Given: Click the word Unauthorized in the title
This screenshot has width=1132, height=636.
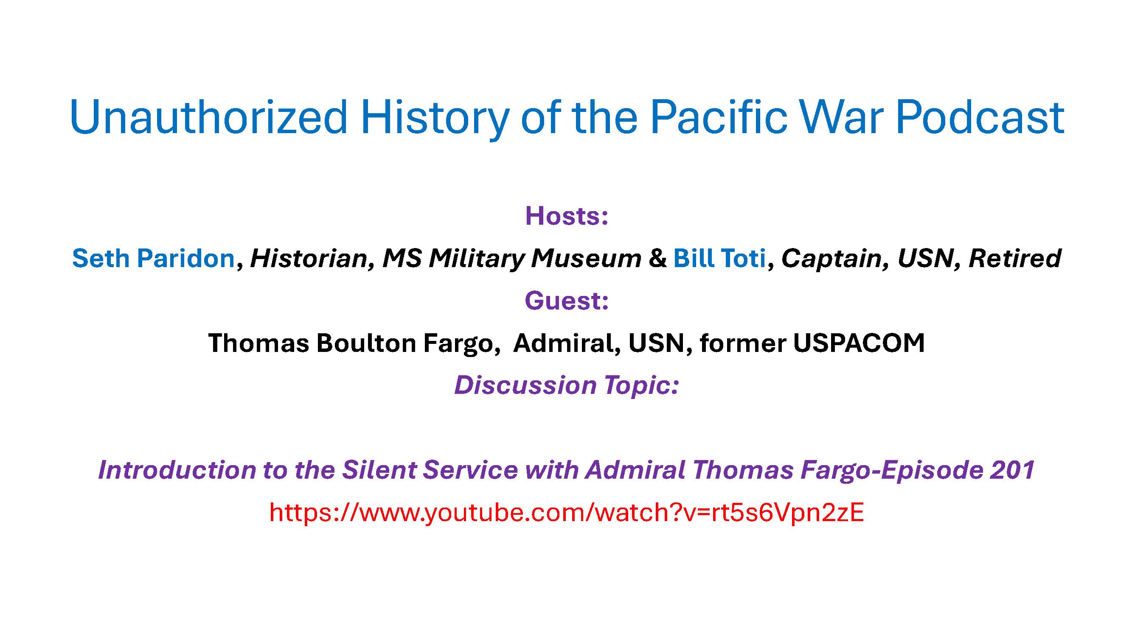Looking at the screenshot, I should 208,117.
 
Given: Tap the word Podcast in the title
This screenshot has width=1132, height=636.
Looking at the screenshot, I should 980,117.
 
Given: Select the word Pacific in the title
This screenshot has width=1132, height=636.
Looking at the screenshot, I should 719,117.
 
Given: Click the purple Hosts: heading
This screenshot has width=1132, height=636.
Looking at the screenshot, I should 567,216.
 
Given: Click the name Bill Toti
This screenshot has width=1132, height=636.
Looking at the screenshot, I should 719,258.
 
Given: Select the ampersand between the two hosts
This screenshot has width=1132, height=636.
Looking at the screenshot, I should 657,258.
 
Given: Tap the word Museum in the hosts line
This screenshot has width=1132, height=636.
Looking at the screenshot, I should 586,258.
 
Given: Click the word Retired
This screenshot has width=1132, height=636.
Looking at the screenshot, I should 1015,258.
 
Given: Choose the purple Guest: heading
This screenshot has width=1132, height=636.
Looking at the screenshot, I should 567,301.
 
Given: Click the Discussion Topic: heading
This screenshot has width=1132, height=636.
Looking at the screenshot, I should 567,385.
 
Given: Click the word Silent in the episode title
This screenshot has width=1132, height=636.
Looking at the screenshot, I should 379,470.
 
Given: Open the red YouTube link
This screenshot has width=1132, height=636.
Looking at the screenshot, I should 567,512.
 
